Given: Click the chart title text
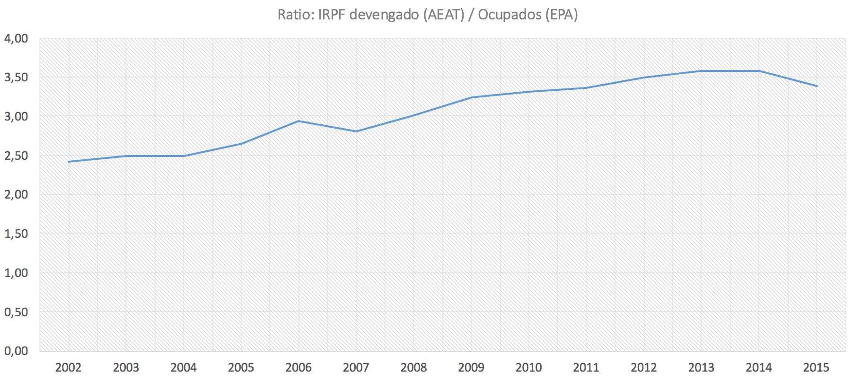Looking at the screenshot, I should (x=427, y=15).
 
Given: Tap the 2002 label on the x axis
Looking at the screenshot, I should (x=69, y=367).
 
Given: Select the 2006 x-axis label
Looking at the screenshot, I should (x=299, y=367).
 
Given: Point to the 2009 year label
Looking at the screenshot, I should (x=471, y=367).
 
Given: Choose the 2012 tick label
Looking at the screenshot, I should (x=644, y=367).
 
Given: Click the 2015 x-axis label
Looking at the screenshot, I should (x=817, y=367).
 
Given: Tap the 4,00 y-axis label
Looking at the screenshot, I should (x=16, y=38).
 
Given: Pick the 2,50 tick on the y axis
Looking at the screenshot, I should (x=16, y=156).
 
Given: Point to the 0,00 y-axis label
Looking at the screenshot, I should (x=16, y=351).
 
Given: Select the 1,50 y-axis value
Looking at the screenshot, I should (x=16, y=234).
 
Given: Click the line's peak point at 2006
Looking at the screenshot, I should (x=299, y=121).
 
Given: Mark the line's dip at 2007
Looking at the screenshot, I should (x=356, y=131).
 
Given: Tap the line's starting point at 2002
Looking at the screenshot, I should (x=69, y=162).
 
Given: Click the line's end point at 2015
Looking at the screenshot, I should (x=817, y=86).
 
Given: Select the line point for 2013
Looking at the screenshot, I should (x=702, y=71).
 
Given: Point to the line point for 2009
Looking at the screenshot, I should (x=471, y=97).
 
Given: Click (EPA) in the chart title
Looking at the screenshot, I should (x=561, y=15).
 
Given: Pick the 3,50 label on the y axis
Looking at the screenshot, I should (x=16, y=77).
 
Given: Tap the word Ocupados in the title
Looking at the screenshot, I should (x=509, y=15).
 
